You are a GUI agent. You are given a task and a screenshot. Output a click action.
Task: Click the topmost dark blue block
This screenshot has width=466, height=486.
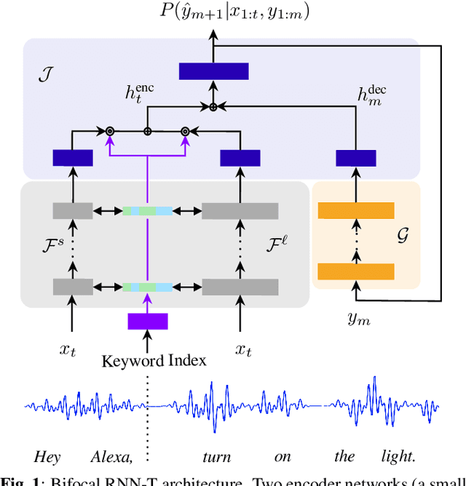click(x=213, y=71)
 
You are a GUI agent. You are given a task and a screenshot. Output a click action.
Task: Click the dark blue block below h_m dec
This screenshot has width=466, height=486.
click(x=356, y=158)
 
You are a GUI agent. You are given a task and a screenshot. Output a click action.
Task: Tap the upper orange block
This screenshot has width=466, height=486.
click(x=356, y=211)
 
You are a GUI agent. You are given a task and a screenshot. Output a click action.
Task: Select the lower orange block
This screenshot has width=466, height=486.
click(x=356, y=271)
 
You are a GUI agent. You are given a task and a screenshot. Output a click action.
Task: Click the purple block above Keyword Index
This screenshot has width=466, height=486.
click(x=148, y=321)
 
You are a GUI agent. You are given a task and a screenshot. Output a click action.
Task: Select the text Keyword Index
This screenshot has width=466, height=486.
click(x=154, y=360)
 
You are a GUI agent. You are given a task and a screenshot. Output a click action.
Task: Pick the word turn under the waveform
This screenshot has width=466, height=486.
click(x=217, y=457)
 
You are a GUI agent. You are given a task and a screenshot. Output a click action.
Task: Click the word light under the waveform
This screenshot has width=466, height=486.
click(x=397, y=457)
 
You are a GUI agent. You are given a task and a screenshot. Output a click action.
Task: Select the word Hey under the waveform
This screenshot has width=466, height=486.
click(x=47, y=457)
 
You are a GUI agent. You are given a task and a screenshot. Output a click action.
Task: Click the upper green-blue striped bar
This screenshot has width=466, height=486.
click(x=148, y=211)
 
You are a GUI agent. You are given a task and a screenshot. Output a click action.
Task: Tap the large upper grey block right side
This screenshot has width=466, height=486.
click(x=240, y=211)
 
